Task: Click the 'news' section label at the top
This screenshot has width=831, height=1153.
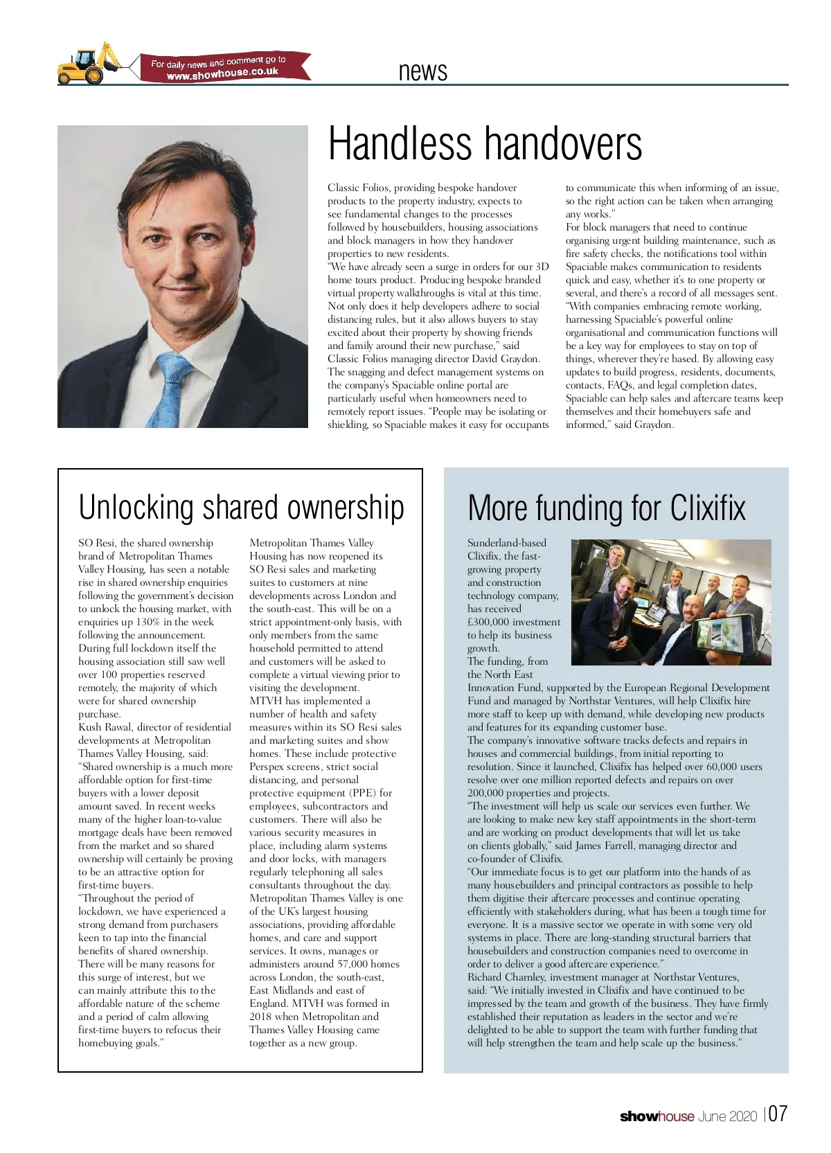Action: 423,71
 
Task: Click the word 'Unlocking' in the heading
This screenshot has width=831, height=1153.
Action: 136,507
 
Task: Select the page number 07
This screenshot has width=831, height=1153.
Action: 778,1114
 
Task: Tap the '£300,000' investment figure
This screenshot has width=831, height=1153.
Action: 493,622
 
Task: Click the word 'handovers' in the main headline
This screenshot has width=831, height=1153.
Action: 562,143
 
